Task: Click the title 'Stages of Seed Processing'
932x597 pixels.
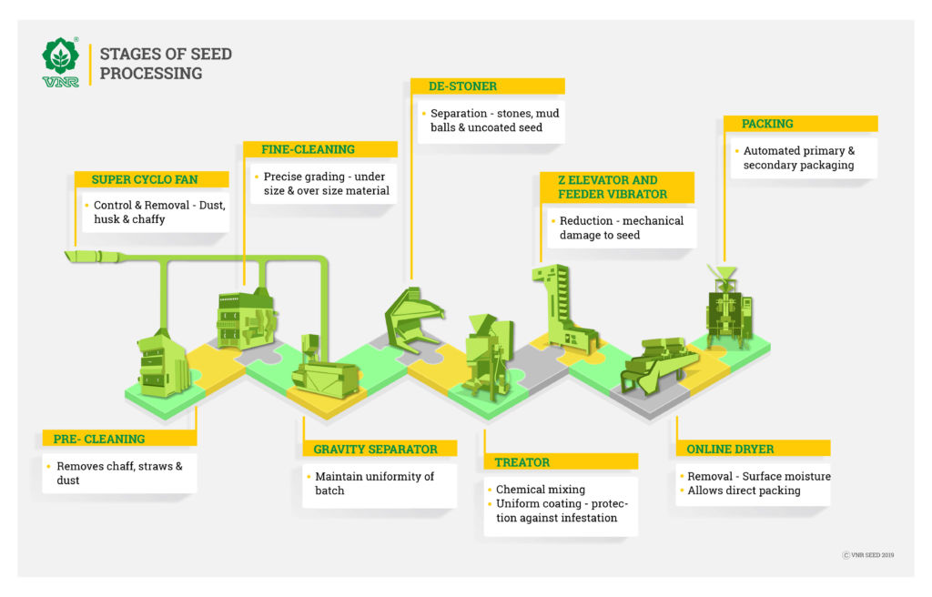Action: point(166,64)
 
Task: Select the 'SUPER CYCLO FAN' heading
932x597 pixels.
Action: point(145,179)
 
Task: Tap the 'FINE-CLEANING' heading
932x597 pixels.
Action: point(308,149)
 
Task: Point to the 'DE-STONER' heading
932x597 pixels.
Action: point(462,86)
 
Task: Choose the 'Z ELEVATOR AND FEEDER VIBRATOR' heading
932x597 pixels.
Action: point(613,187)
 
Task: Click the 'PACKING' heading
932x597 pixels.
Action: point(767,124)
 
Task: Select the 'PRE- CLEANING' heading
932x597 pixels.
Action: point(99,439)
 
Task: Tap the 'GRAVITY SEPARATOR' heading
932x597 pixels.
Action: point(375,449)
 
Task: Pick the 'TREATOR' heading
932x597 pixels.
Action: point(522,462)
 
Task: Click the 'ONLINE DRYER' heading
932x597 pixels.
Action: point(730,449)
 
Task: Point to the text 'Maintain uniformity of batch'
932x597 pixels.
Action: point(374,483)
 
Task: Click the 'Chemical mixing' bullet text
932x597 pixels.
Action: point(541,490)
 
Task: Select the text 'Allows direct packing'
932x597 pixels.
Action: point(744,491)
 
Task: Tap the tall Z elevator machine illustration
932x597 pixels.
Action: point(563,309)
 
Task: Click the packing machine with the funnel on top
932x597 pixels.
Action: point(729,307)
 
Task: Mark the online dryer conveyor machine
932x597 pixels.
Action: point(659,365)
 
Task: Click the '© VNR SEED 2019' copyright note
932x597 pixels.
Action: point(867,555)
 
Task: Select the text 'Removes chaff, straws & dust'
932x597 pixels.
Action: point(119,473)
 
